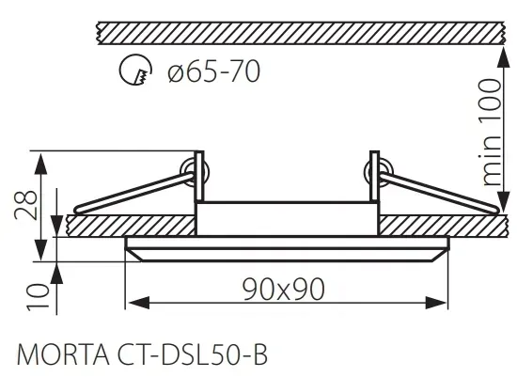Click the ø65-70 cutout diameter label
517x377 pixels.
pos(214,71)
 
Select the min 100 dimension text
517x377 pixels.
pos(490,132)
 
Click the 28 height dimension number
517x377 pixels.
pos(25,205)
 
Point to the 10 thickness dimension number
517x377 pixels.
pos(38,297)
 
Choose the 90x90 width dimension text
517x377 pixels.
pos(284,290)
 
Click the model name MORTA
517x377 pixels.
pos(63,354)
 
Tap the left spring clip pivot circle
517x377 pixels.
pos(195,172)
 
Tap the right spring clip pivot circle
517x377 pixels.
pos(378,172)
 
